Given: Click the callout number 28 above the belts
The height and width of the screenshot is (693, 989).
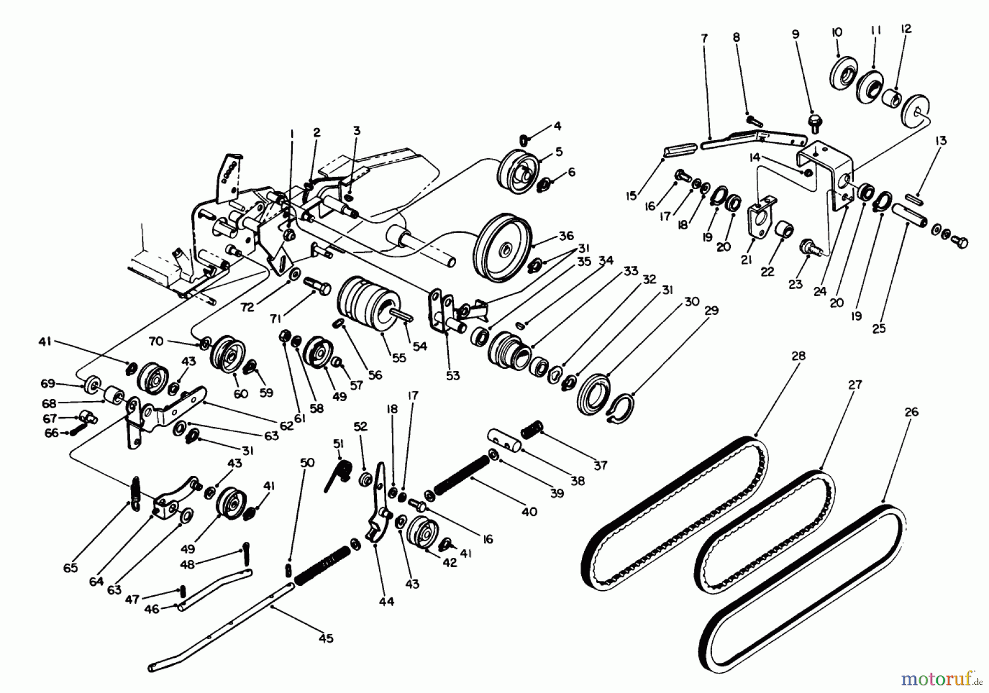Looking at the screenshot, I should pyautogui.click(x=798, y=356).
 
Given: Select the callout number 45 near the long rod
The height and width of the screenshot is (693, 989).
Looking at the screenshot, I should pyautogui.click(x=326, y=639).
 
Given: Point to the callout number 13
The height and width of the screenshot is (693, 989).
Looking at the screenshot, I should pyautogui.click(x=940, y=141).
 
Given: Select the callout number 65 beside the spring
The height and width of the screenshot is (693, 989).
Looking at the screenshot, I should pyautogui.click(x=71, y=568).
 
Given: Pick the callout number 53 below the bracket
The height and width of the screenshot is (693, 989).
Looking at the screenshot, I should pyautogui.click(x=453, y=376).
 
